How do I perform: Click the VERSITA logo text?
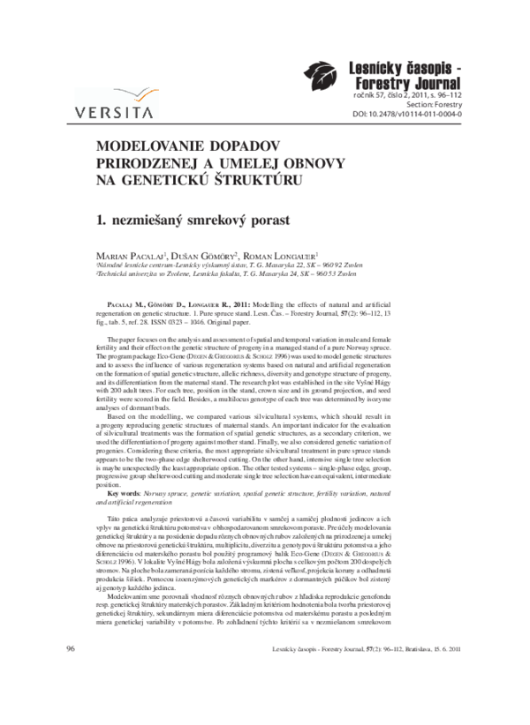(115, 112)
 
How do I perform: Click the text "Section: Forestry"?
(430, 104)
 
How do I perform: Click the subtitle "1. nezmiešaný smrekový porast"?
(187, 218)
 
